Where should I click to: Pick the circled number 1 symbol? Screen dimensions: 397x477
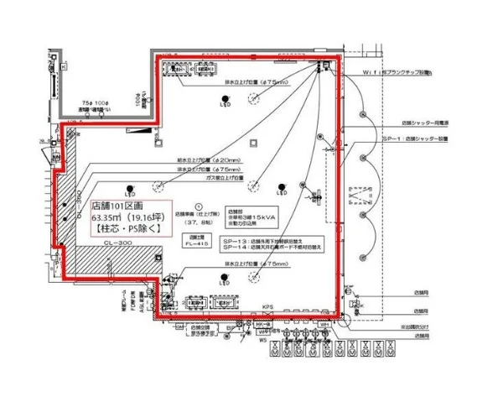click(x=199, y=203)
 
